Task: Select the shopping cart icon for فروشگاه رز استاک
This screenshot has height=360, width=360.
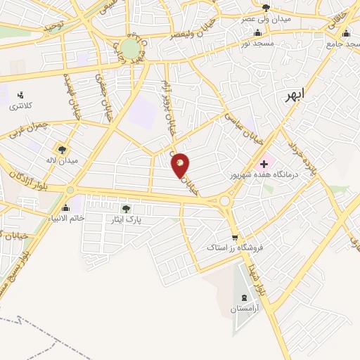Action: point(235,237)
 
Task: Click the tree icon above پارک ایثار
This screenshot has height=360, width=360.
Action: point(126,208)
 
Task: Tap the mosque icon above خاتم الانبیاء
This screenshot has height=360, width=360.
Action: point(66,207)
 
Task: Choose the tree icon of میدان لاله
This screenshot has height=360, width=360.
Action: point(62,149)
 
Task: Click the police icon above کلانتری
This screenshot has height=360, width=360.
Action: point(20,95)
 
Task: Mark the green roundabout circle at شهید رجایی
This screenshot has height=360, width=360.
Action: point(130,48)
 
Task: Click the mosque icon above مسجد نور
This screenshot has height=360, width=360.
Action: point(257,32)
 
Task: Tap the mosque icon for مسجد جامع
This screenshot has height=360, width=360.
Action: point(345,32)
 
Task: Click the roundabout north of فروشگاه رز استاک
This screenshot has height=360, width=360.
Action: point(226,202)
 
